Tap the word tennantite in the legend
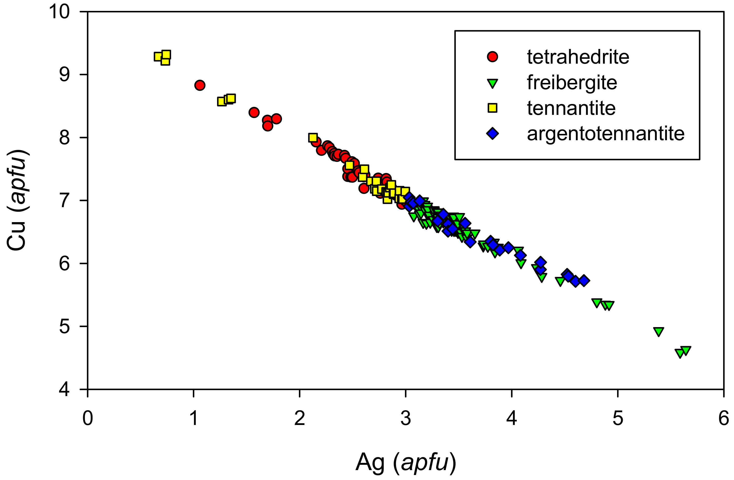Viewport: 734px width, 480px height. coord(571,109)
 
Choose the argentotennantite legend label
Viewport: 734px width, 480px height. coord(605,134)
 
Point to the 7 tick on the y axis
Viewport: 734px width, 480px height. coord(64,201)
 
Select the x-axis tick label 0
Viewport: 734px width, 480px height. coord(87,419)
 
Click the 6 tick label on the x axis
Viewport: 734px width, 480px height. coord(724,419)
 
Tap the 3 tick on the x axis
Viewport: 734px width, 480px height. coord(406,419)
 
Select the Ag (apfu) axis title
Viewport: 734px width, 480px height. coord(406,463)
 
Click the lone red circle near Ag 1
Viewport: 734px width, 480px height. coord(200,85)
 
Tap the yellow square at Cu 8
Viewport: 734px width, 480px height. coord(313,138)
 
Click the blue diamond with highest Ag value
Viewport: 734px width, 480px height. coord(584,281)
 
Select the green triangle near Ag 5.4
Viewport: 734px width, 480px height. coord(658,332)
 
